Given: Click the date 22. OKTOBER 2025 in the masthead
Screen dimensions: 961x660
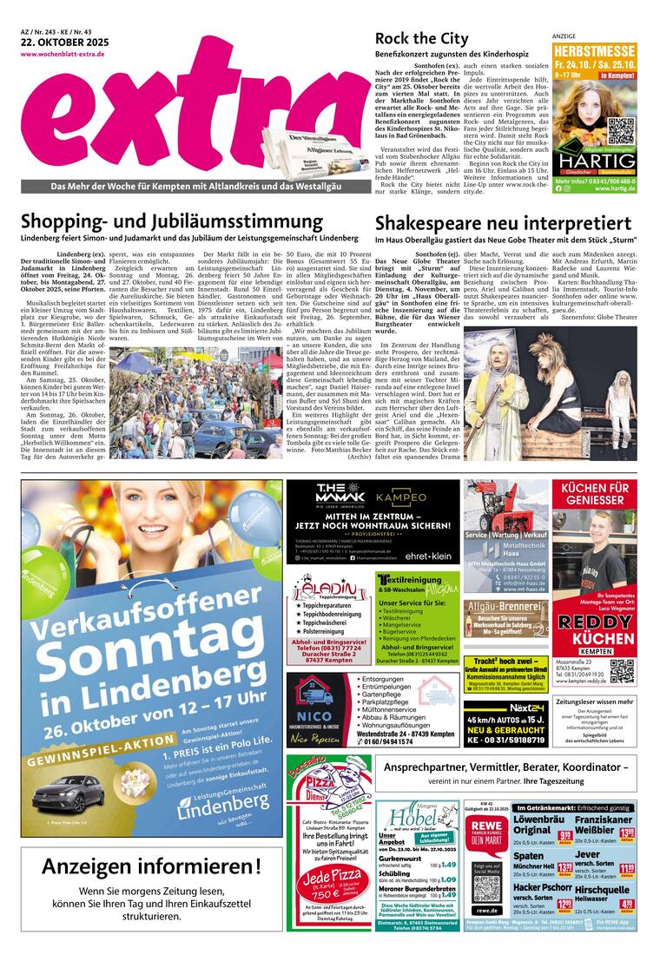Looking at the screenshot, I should click(x=57, y=43).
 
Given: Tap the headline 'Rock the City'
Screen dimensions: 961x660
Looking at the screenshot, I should click(x=421, y=38).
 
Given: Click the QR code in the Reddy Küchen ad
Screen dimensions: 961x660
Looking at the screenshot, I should click(x=622, y=671).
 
